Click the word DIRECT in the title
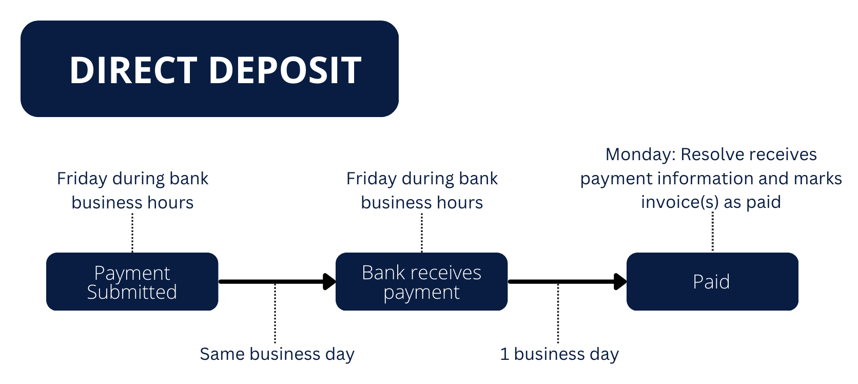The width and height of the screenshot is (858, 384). [133, 70]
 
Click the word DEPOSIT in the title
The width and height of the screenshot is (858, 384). [285, 70]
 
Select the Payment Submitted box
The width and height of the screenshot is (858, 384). [132, 281]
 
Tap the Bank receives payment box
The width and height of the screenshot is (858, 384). [421, 281]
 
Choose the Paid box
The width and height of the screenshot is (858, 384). [712, 281]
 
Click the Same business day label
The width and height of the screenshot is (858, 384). [277, 354]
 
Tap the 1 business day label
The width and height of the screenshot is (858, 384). [559, 354]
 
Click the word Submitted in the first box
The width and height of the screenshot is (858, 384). [132, 292]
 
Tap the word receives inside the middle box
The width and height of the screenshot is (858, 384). [448, 273]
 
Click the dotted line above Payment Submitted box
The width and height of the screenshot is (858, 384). [132, 233]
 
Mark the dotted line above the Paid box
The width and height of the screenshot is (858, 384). [712, 232]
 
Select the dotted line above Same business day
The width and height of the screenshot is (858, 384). [275, 313]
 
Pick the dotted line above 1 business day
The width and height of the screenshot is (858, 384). [558, 313]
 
